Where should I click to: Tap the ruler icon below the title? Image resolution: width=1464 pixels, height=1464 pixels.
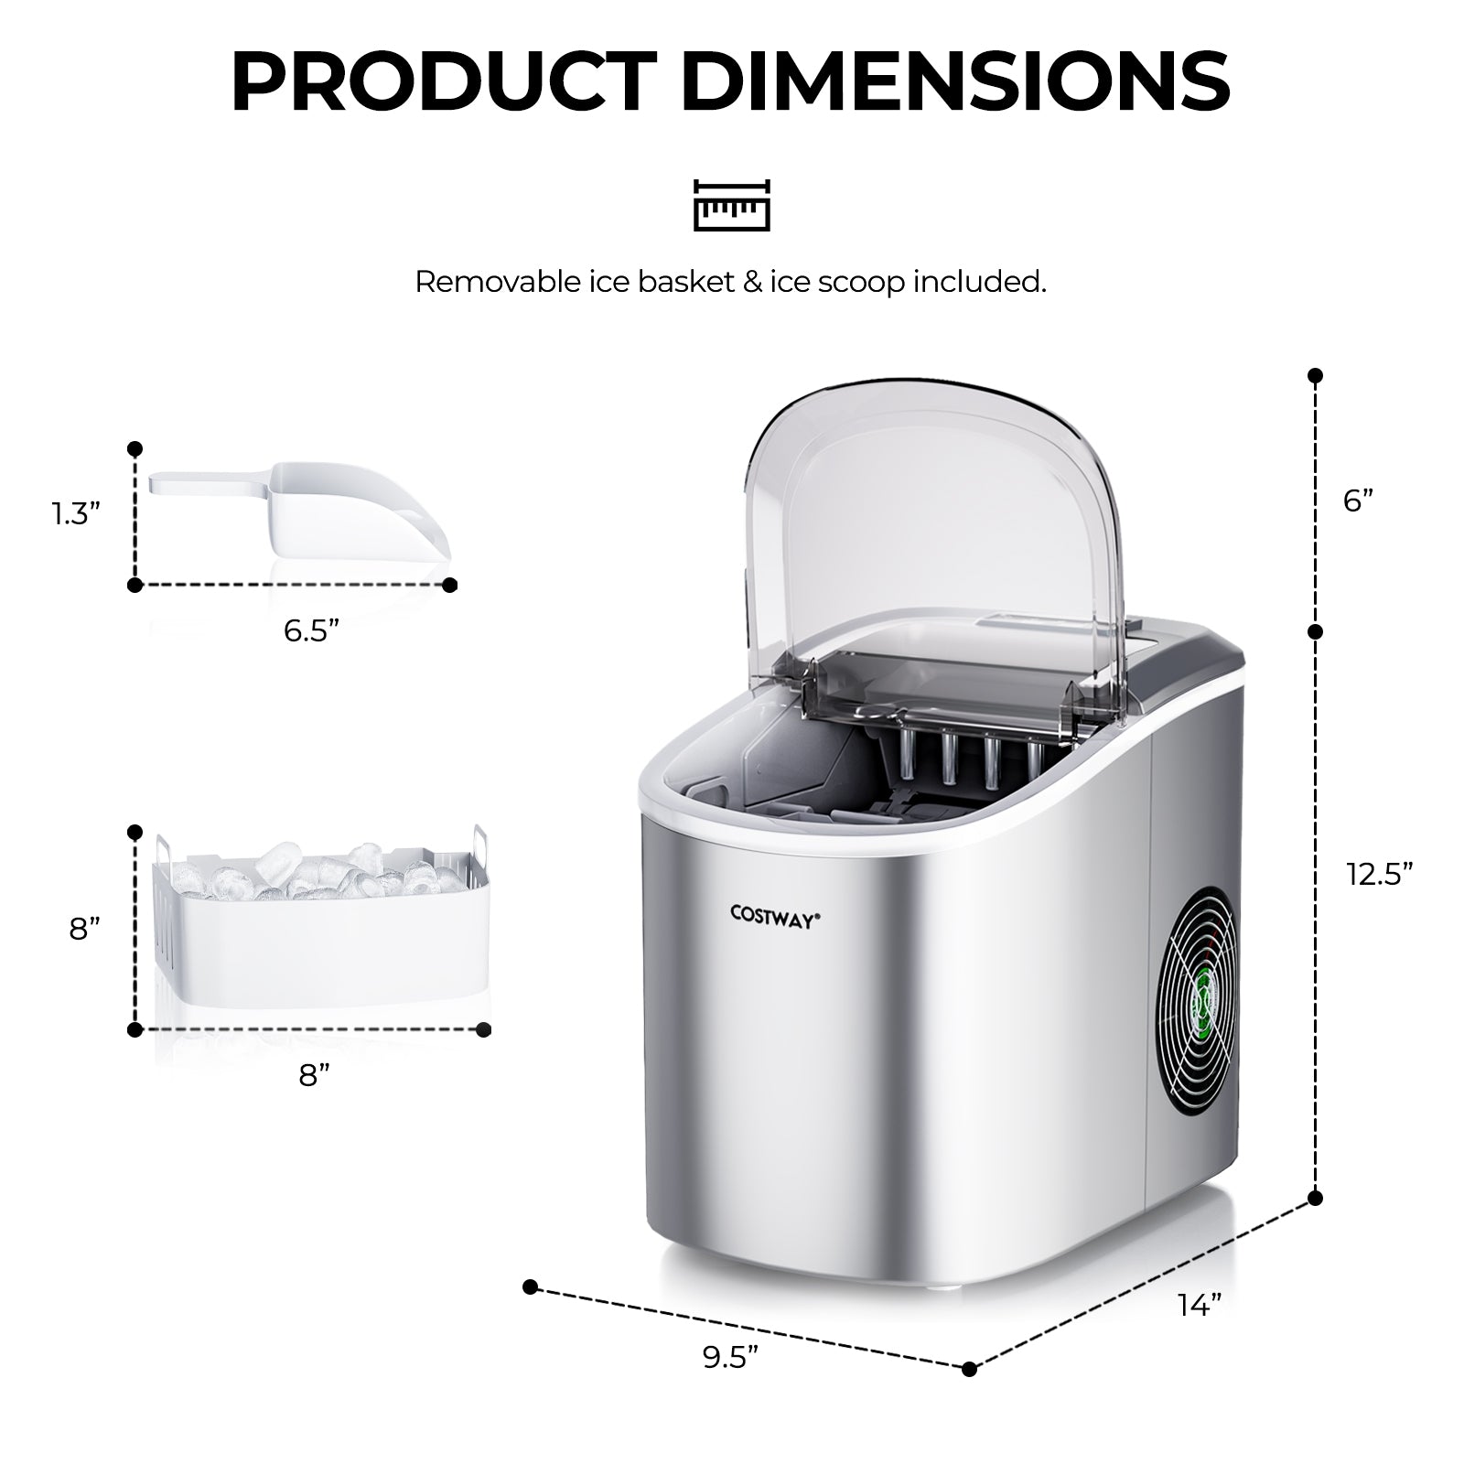[731, 204]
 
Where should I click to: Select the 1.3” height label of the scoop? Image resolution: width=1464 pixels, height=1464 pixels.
[74, 514]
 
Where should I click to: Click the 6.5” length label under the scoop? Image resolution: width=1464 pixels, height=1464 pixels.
[312, 630]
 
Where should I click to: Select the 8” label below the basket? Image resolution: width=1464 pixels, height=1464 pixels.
[314, 1074]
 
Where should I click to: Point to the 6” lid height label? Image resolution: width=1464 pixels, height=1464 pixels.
[1359, 501]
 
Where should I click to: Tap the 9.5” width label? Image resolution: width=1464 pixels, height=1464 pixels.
[732, 1358]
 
